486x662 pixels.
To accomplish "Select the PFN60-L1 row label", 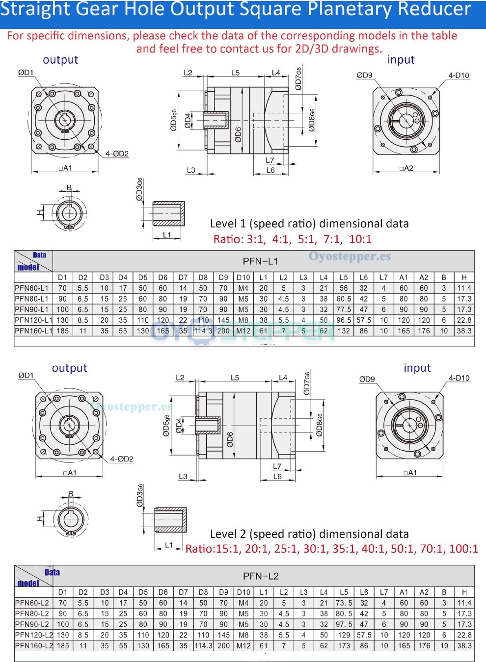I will [x=32, y=288].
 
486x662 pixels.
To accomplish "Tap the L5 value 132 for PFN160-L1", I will [x=344, y=331].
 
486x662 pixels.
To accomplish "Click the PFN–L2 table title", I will [x=261, y=576].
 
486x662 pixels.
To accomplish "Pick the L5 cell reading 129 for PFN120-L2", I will [x=344, y=635].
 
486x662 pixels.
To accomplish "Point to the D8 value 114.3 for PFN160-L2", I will [x=203, y=646].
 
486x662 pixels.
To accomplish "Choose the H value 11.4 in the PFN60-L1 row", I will [x=464, y=288].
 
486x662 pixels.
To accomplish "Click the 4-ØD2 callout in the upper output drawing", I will [x=117, y=154].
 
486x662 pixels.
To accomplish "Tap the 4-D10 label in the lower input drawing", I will [x=459, y=378].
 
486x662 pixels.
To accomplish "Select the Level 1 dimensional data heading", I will [x=309, y=224].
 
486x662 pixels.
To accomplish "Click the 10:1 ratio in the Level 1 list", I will [x=360, y=239].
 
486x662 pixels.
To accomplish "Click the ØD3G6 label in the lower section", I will [x=140, y=495].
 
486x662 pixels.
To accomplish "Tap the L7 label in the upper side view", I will [x=270, y=160].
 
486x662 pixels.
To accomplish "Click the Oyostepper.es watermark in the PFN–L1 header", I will [x=350, y=256].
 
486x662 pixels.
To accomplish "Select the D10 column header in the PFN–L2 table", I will [x=243, y=592].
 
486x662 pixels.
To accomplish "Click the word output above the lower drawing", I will [x=69, y=368].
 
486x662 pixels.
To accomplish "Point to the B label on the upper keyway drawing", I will [x=69, y=188].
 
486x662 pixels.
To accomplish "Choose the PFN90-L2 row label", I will [x=32, y=624].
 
